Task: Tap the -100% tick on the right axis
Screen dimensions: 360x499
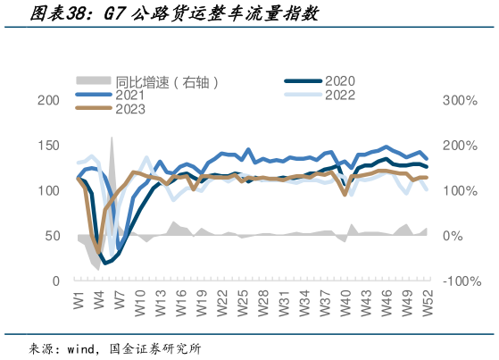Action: coord(462,280)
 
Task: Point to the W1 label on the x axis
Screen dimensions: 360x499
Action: coord(79,298)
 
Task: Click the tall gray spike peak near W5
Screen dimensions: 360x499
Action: coord(112,138)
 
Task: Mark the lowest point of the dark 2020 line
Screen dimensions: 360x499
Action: coord(105,263)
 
